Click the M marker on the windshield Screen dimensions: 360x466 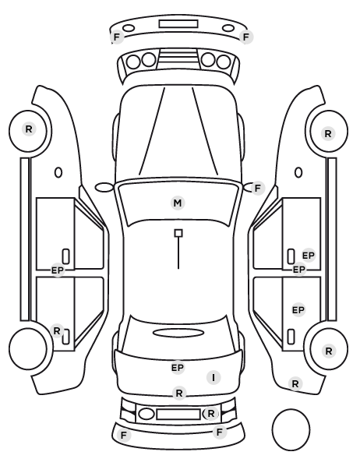178,203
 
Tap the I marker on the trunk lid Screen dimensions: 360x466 214,378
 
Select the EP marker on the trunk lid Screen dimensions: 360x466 178,368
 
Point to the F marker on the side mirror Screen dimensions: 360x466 257,188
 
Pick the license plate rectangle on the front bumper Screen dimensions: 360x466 178,24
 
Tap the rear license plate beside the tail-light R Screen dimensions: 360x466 178,414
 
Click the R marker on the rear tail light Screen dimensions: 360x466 210,413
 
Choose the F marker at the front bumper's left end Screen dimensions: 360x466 117,37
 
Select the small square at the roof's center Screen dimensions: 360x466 178,233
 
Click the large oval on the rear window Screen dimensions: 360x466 178,333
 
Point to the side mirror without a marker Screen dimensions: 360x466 104,188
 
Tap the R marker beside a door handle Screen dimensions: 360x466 56,330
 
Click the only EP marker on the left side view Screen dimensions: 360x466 58,270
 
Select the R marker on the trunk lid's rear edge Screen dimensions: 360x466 179,394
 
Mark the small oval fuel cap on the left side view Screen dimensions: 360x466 58,172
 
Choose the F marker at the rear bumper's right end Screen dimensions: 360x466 220,432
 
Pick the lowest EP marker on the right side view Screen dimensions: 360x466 298,310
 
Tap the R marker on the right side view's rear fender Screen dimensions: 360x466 295,384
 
